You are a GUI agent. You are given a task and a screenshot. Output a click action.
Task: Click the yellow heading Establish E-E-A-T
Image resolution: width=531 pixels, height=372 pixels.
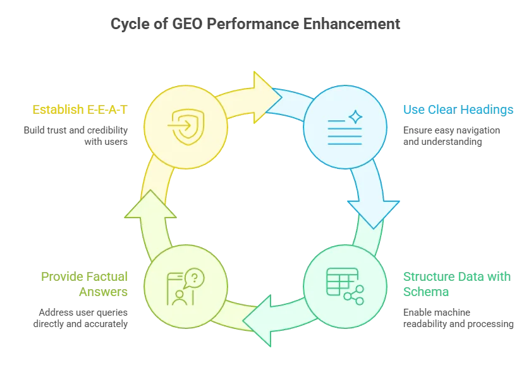(80, 110)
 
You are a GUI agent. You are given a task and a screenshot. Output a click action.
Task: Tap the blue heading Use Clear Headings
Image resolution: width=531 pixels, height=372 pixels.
(458, 110)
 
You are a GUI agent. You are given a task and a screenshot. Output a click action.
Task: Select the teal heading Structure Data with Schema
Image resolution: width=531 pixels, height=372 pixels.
(456, 284)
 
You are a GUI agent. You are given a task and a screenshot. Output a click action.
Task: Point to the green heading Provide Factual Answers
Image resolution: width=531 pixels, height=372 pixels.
(85, 284)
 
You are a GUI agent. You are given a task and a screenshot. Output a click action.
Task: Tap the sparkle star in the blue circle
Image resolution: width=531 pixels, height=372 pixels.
(355, 116)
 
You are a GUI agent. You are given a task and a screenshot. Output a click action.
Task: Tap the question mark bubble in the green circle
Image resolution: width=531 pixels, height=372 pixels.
(195, 277)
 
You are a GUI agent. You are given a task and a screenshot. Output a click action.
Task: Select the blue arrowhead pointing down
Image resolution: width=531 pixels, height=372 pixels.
(373, 212)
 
